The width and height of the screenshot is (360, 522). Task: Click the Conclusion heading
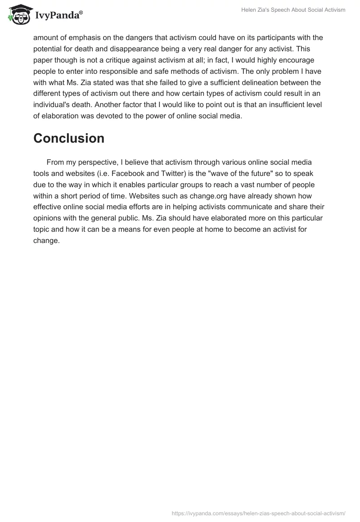coord(69,138)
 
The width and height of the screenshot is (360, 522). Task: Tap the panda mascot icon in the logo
coord(18,15)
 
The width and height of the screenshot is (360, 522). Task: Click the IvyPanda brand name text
coord(58,16)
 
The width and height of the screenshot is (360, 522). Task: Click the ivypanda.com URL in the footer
coord(259,513)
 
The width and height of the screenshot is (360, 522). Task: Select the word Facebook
coord(136,174)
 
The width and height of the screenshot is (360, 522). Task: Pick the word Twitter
coord(177,174)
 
